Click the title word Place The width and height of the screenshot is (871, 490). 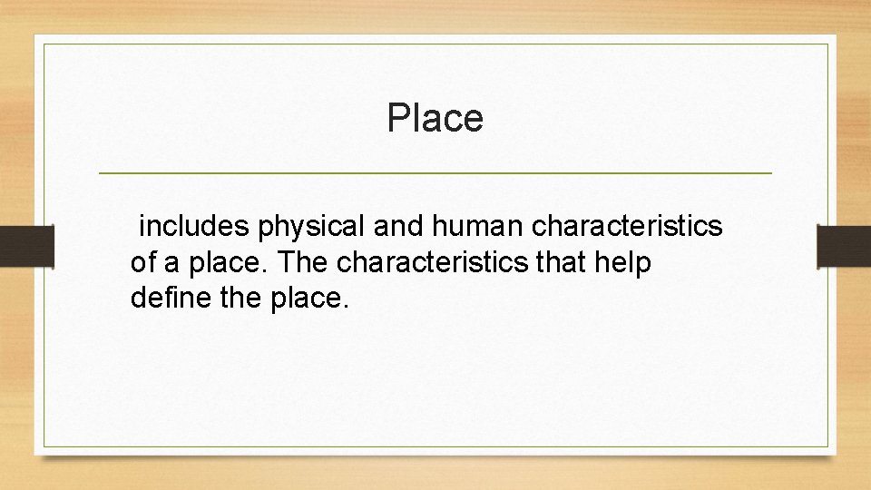435,118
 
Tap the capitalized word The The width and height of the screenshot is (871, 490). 304,263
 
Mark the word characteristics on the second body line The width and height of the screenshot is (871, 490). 431,263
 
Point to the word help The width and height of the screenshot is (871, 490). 624,264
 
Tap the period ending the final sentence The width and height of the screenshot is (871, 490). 345,305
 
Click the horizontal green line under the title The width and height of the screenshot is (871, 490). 435,172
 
